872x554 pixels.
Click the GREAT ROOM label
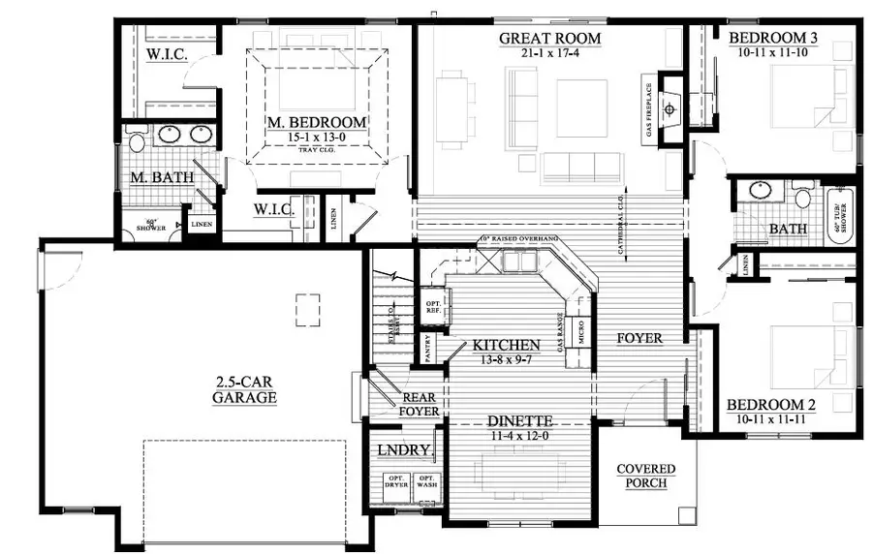[549, 39]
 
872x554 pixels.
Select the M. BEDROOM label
[317, 123]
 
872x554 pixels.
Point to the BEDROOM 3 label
[772, 38]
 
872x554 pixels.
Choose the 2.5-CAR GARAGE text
[246, 389]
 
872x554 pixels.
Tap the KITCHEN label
[506, 345]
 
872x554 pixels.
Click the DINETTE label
[519, 421]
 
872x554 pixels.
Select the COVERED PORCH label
[646, 476]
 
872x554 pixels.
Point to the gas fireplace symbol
[670, 108]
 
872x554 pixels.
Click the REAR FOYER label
[420, 404]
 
